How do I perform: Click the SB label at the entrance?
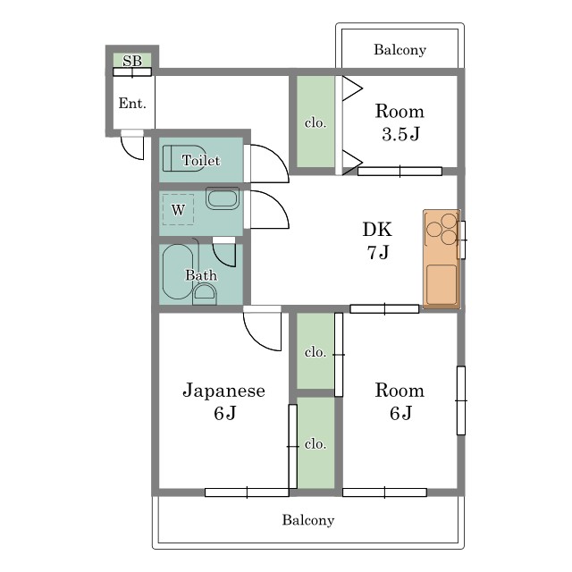[132, 61]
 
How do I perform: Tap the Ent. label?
[132, 104]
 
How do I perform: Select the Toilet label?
[201, 161]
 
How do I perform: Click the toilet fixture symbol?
[183, 158]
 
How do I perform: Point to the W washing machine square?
[178, 209]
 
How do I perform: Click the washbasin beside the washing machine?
[223, 198]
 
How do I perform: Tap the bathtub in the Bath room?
[177, 272]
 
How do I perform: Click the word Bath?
[201, 275]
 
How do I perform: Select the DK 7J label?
[377, 240]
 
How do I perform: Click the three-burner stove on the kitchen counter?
[442, 229]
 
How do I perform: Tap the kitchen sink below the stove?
[442, 284]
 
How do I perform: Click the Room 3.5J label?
[400, 122]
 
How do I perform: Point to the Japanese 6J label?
[223, 401]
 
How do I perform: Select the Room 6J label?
[400, 401]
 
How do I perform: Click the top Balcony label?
[400, 50]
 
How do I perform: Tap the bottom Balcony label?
[308, 520]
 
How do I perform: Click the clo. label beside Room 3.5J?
[315, 123]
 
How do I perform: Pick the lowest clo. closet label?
[315, 444]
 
